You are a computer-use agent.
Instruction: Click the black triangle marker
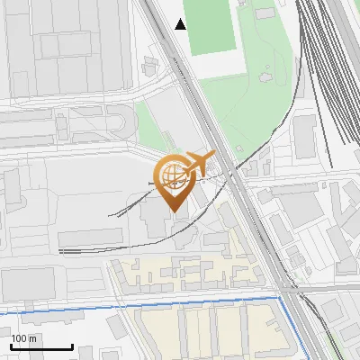181,24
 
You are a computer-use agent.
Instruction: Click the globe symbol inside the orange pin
171,176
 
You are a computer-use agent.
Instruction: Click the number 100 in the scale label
21,338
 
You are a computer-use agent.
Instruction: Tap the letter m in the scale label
33,338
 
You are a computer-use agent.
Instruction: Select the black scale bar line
41,347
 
